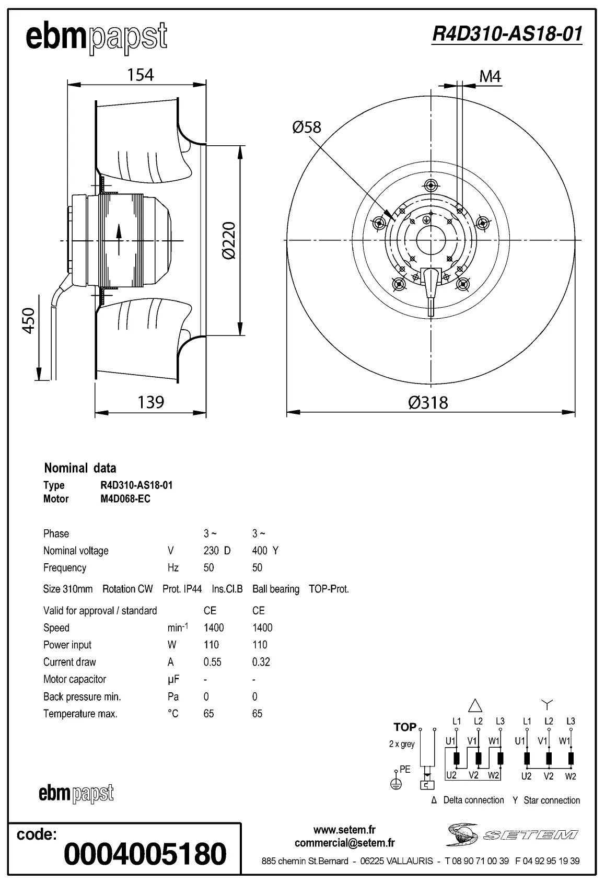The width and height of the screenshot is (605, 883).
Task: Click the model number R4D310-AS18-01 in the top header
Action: pyautogui.click(x=507, y=34)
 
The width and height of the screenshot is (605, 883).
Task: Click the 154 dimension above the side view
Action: pyautogui.click(x=141, y=75)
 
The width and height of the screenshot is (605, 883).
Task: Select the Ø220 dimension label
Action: pyautogui.click(x=229, y=240)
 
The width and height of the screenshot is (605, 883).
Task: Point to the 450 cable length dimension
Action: pyautogui.click(x=28, y=320)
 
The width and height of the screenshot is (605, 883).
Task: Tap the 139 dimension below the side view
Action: pyautogui.click(x=150, y=402)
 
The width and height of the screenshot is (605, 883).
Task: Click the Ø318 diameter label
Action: pyautogui.click(x=428, y=402)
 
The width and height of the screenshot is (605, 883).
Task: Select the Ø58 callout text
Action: pyautogui.click(x=307, y=127)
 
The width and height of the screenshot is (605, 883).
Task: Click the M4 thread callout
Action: pyautogui.click(x=490, y=77)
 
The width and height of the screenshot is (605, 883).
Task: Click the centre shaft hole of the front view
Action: pyautogui.click(x=431, y=240)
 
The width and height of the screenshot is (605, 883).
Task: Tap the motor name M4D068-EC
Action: pyautogui.click(x=125, y=499)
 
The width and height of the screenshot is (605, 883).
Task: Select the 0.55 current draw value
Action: pyautogui.click(x=212, y=662)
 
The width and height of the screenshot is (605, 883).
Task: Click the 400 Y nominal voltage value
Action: pyautogui.click(x=265, y=551)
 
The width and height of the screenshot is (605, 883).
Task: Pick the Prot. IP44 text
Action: pyautogui.click(x=182, y=589)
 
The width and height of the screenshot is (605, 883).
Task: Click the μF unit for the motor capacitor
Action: pyautogui.click(x=173, y=679)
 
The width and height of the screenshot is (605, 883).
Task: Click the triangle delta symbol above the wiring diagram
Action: pyautogui.click(x=475, y=706)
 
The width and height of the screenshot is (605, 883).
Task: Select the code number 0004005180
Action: pyautogui.click(x=145, y=854)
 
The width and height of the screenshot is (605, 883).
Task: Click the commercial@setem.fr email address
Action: pyautogui.click(x=344, y=843)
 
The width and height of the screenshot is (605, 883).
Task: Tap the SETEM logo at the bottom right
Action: pyautogui.click(x=512, y=834)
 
